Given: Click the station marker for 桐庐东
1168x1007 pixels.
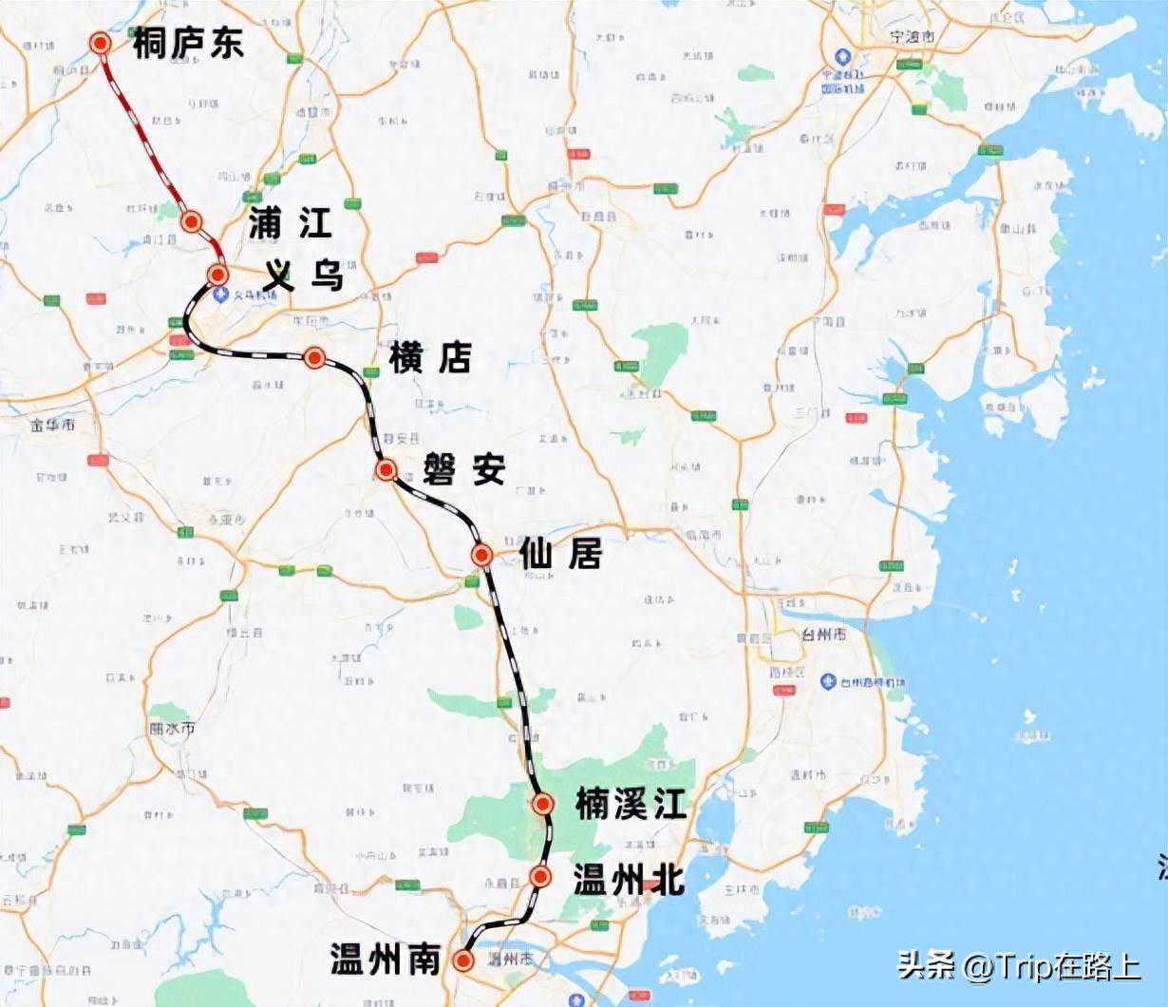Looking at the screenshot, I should (x=100, y=43).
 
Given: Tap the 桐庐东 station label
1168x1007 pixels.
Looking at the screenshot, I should (x=188, y=44).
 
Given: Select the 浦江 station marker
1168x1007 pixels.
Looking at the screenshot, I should (x=192, y=222).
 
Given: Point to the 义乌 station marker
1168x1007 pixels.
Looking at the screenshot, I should (x=218, y=275).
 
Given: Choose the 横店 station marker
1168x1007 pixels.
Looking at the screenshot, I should (x=314, y=357).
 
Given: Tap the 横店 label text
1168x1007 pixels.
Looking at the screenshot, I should (x=430, y=358).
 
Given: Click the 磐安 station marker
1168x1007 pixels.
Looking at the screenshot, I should (x=386, y=469).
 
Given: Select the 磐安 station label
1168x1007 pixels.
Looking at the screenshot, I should (x=464, y=469).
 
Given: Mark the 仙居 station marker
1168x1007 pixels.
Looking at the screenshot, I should (x=482, y=555).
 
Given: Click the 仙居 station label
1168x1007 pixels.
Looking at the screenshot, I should (x=560, y=555).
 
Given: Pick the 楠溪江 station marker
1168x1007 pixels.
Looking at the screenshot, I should (x=543, y=805).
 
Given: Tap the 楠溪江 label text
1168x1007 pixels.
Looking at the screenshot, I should (x=630, y=806).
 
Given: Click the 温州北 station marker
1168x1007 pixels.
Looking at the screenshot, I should (x=540, y=876).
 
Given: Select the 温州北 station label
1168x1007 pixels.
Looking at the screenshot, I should (x=628, y=879).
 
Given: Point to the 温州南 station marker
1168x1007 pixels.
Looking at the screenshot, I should (x=463, y=960).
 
